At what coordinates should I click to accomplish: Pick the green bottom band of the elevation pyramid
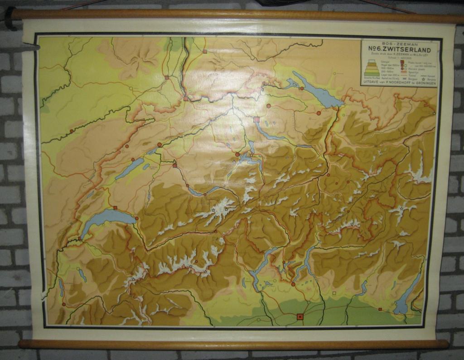pyautogui.click(x=372, y=73)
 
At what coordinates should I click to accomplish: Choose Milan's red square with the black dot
pyautogui.click(x=299, y=316)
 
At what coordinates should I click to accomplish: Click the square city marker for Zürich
pyautogui.click(x=257, y=120)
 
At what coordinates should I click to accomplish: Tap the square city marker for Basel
pyautogui.click(x=185, y=98)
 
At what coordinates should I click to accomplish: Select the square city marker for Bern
pyautogui.click(x=175, y=165)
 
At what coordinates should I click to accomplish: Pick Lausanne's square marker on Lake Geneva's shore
pyautogui.click(x=115, y=208)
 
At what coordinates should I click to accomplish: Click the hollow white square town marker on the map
pyautogui.click(x=334, y=293)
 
